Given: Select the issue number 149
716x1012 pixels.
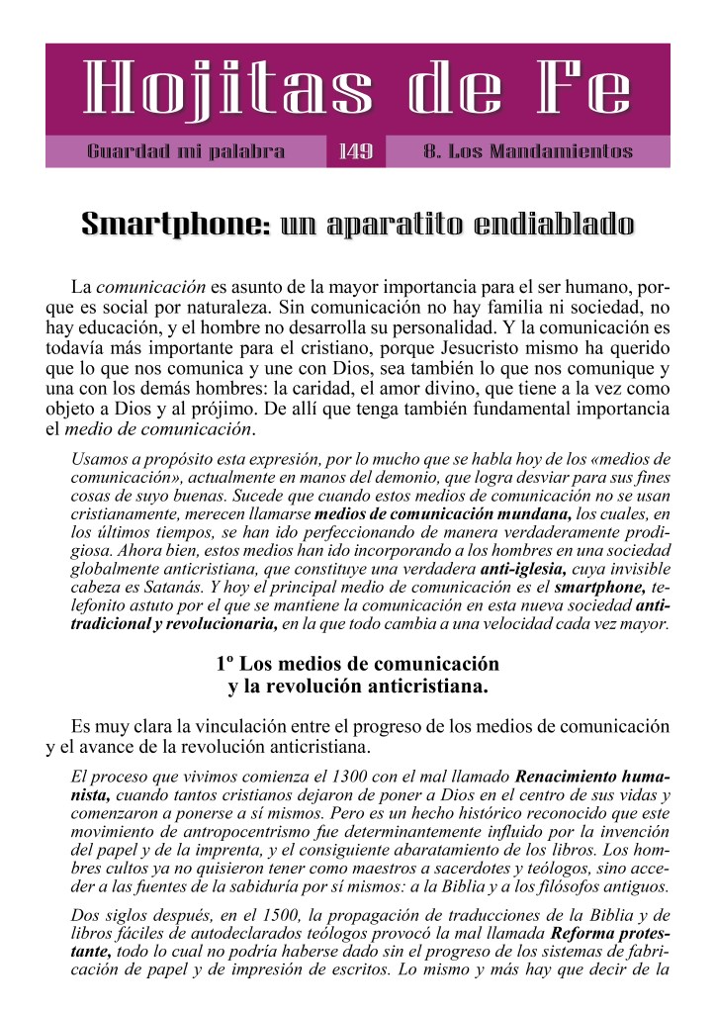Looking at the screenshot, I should (355, 152).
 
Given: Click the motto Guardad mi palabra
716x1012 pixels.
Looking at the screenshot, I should (186, 152).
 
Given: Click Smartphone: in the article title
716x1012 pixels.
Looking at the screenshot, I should (176, 225).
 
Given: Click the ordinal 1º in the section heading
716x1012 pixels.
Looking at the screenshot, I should (225, 664).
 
